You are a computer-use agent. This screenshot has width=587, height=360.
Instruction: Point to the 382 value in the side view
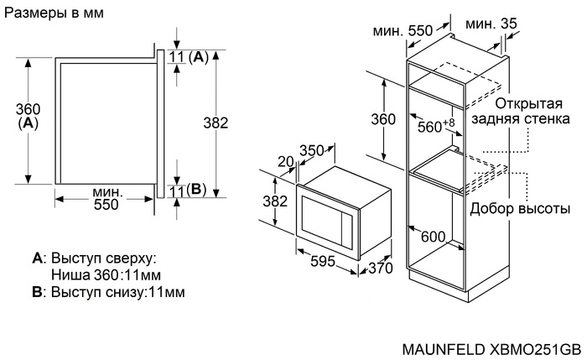216,123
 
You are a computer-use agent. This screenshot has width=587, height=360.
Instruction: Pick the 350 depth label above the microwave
312,149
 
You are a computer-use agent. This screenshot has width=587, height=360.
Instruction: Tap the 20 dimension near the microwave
284,162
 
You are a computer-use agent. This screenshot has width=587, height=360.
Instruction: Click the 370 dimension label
379,268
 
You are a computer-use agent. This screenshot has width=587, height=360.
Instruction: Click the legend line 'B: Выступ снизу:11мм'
108,292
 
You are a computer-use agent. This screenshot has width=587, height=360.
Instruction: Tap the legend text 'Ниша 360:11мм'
106,274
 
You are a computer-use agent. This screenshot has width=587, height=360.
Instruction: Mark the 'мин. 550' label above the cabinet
402,31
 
